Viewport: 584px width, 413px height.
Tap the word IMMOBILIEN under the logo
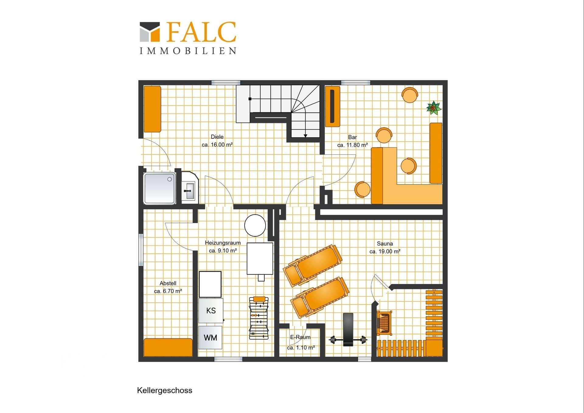click(x=188, y=51)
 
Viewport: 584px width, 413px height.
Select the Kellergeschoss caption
click(x=165, y=390)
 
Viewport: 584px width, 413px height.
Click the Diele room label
click(x=217, y=137)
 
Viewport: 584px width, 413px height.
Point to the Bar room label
click(x=352, y=137)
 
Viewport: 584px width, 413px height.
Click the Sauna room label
click(x=385, y=243)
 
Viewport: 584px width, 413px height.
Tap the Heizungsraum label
click(x=223, y=243)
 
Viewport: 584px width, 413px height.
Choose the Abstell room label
click(x=168, y=283)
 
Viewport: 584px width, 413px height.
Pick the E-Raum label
click(x=300, y=337)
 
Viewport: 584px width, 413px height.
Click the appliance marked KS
click(x=211, y=310)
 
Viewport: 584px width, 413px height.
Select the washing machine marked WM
click(x=210, y=338)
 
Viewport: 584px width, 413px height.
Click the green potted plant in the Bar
click(x=434, y=108)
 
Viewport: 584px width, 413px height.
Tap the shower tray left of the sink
click(x=160, y=188)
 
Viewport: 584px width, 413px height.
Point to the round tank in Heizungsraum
click(x=255, y=226)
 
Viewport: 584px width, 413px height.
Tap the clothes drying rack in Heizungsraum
click(x=259, y=318)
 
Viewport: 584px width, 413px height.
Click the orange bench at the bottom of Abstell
click(x=168, y=347)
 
